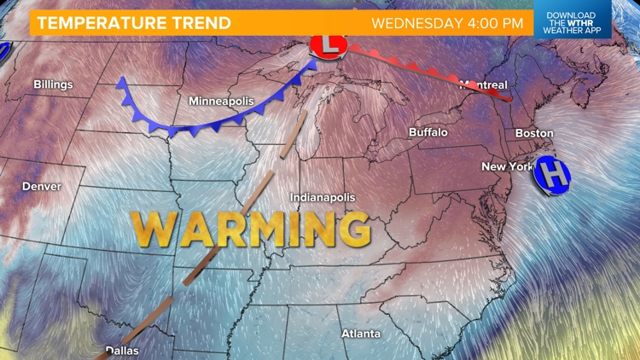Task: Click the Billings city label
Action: (x=53, y=84)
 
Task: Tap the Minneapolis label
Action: (x=221, y=102)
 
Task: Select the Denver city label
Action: (x=42, y=186)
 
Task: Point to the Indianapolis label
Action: (x=323, y=197)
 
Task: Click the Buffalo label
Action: (x=428, y=132)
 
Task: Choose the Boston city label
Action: (x=534, y=133)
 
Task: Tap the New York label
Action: (x=508, y=166)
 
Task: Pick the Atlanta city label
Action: (x=361, y=333)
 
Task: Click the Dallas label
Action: (x=121, y=350)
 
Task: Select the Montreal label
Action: (x=484, y=84)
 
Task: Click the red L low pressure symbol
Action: (x=328, y=45)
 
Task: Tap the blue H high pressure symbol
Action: (x=553, y=175)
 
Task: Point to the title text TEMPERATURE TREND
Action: (x=132, y=22)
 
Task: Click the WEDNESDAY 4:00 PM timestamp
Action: (x=446, y=22)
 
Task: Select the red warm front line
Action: (x=427, y=69)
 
